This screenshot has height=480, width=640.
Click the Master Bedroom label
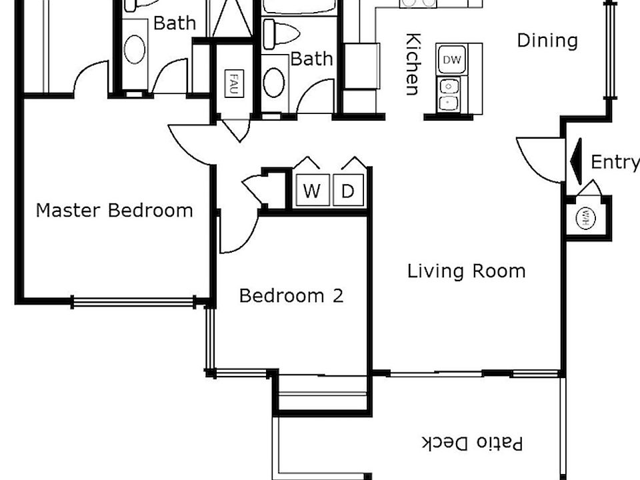[x=114, y=211]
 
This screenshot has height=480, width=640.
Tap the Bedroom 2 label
[x=291, y=295]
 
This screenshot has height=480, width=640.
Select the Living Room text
[x=466, y=271]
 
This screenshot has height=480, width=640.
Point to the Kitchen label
[x=413, y=64]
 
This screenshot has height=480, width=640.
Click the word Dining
[x=547, y=41]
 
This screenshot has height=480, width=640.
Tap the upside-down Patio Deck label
[x=472, y=443]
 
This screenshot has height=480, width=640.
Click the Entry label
[x=614, y=162]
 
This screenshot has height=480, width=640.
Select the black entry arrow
[x=577, y=161]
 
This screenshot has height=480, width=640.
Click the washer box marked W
[x=311, y=191]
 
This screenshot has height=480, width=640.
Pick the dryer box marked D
[x=348, y=191]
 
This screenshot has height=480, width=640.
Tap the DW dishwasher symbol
[x=451, y=60]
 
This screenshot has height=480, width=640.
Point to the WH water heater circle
[x=585, y=218]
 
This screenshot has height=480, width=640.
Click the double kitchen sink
[x=449, y=94]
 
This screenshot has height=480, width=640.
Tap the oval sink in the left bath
[x=134, y=49]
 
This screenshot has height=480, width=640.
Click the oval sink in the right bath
[x=274, y=82]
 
